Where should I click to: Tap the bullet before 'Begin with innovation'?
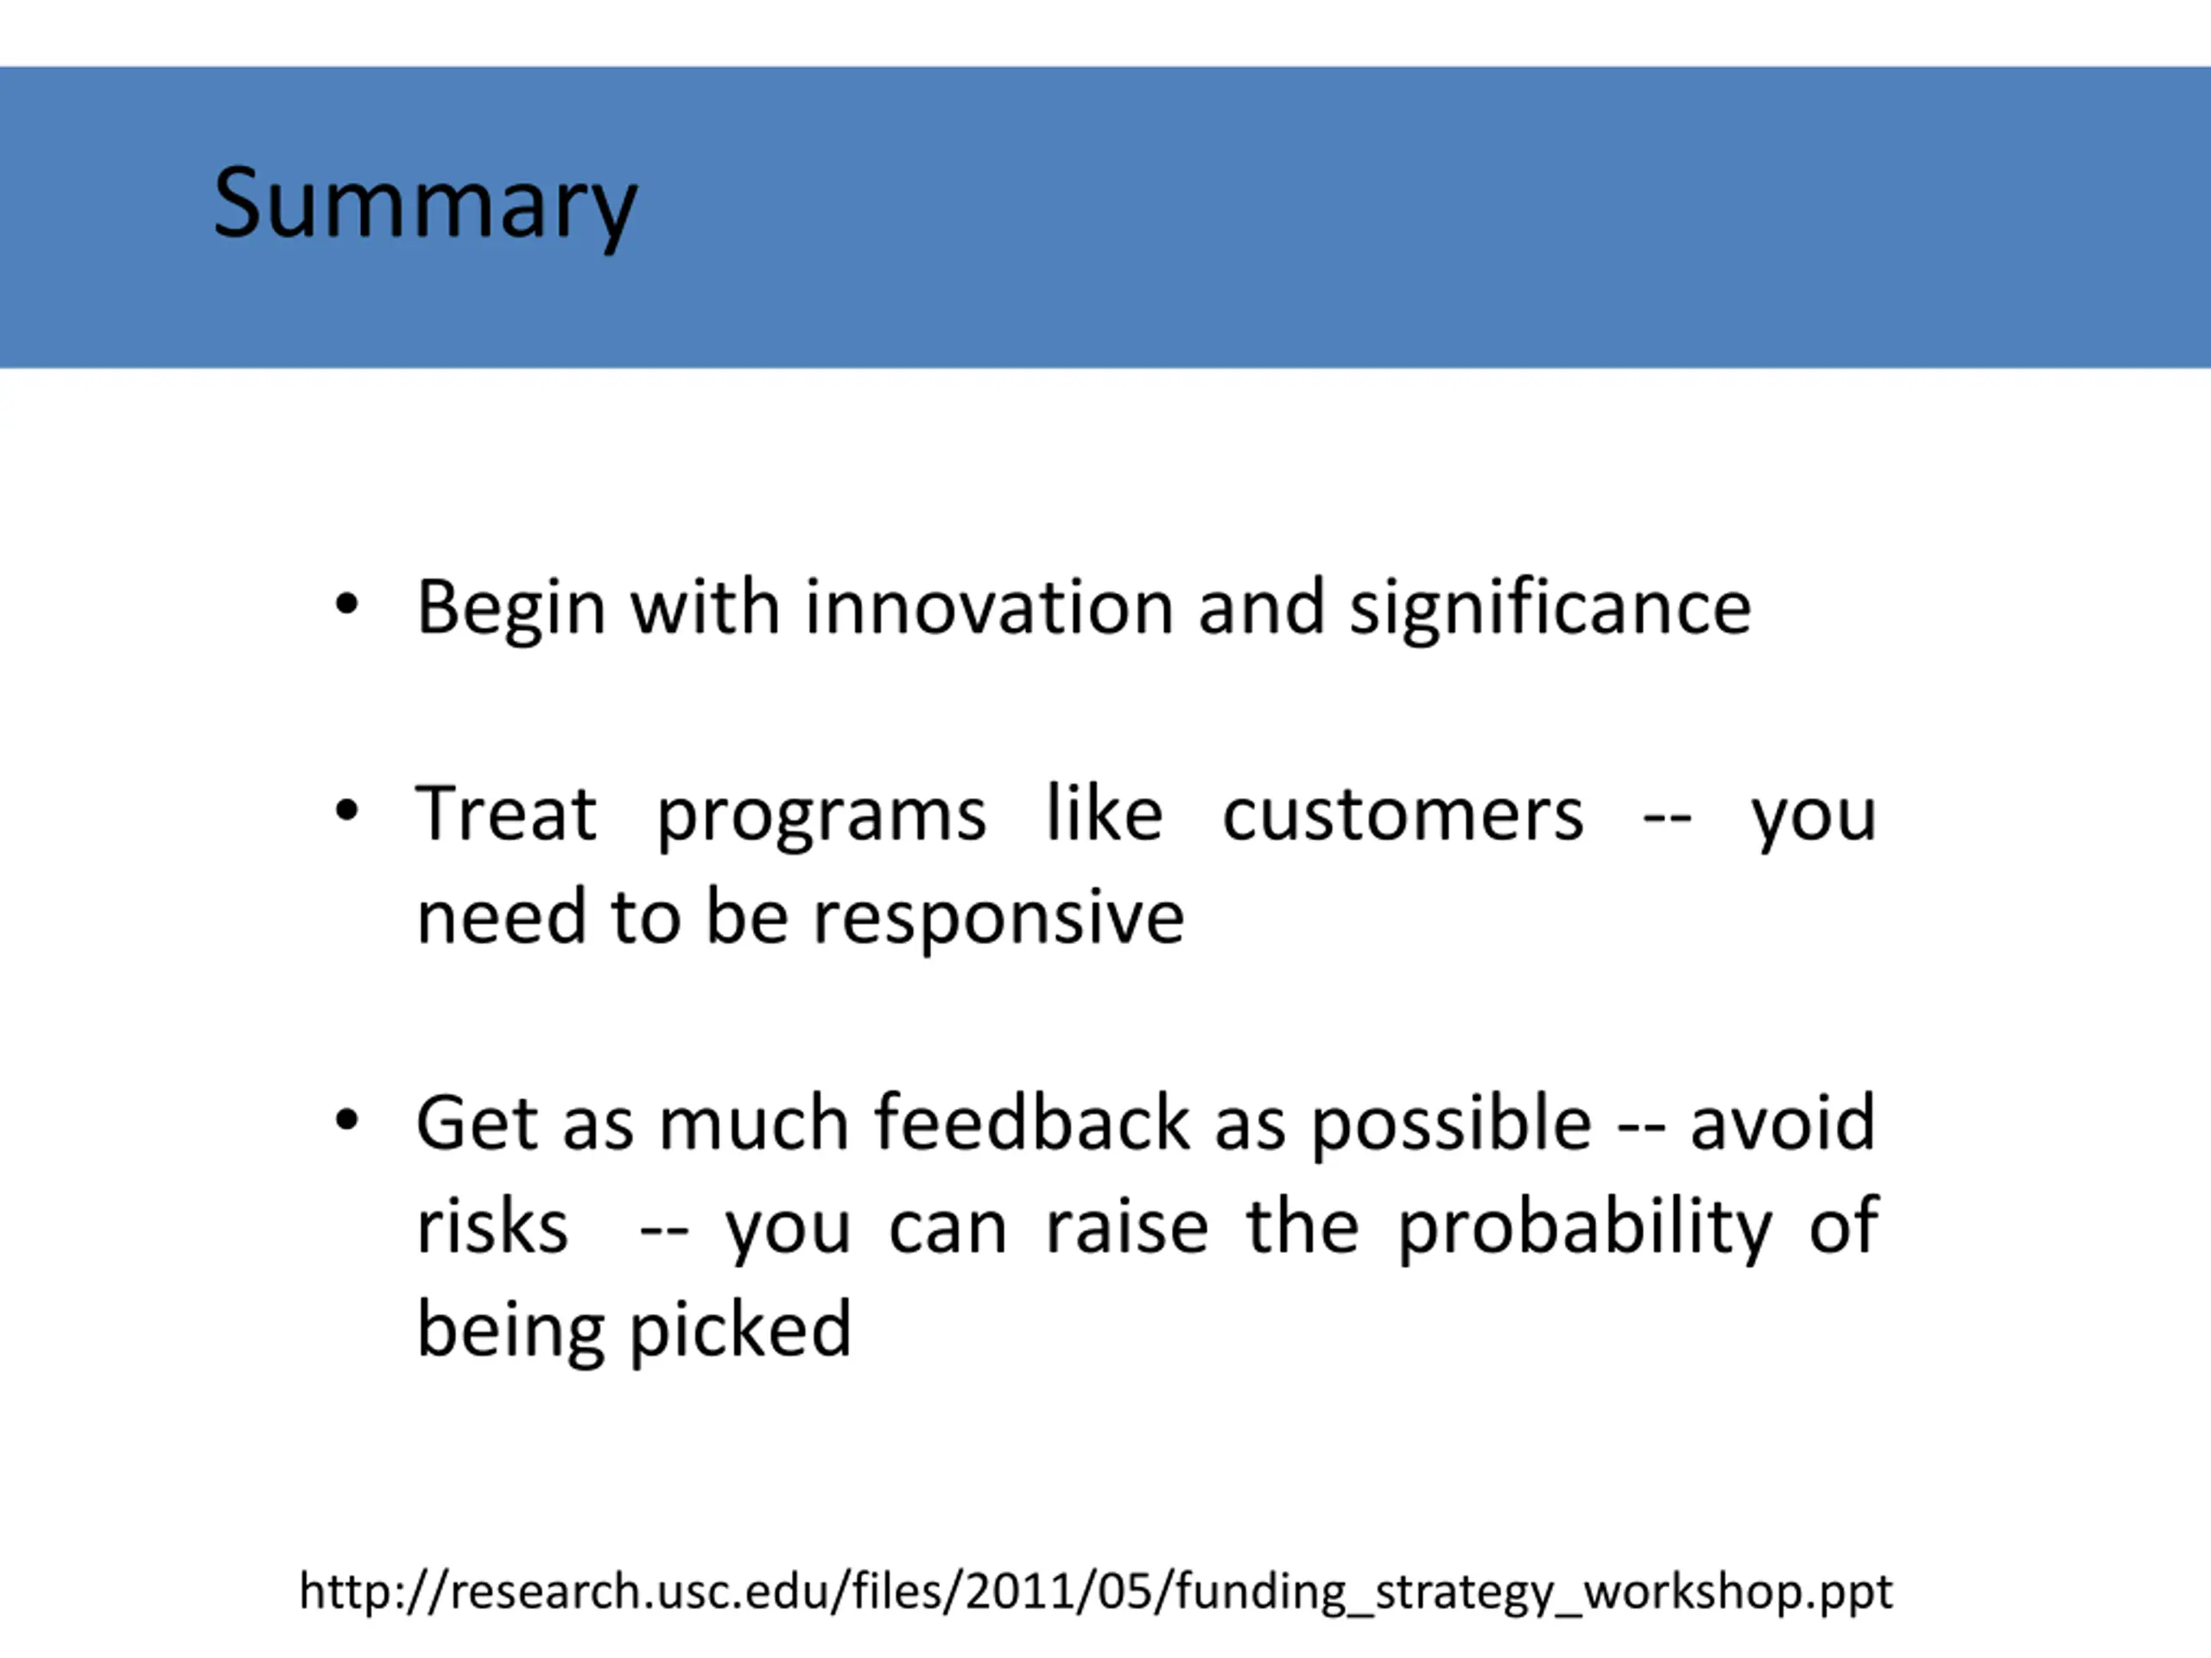click(347, 604)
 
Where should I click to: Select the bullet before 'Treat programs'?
click(347, 811)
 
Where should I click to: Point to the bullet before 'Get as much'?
click(347, 1120)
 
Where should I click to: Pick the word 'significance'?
click(1550, 610)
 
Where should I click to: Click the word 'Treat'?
click(506, 813)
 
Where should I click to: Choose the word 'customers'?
click(1403, 815)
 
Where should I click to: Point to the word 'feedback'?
click(1033, 1123)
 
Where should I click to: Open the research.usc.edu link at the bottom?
click(1095, 1591)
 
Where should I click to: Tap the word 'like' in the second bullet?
click(1105, 813)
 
